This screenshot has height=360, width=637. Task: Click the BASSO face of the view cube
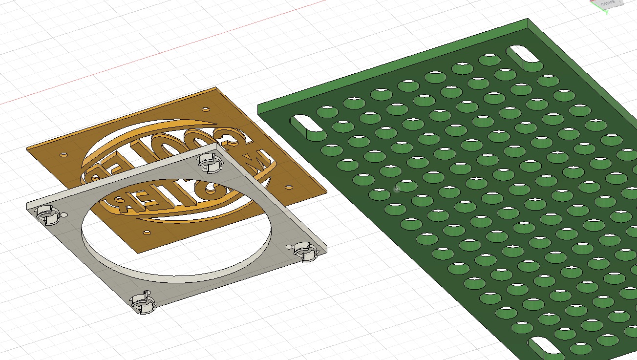coord(608,3)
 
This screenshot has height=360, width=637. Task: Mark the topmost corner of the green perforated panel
coord(528,20)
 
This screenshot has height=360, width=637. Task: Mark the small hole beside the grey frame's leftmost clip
coord(65,215)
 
